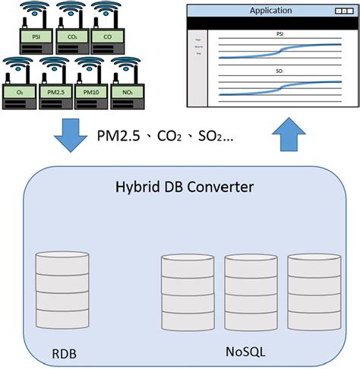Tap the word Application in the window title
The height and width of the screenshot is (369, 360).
click(270, 11)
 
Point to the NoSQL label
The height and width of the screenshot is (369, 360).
click(245, 352)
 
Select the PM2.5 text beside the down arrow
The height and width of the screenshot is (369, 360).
click(119, 137)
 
